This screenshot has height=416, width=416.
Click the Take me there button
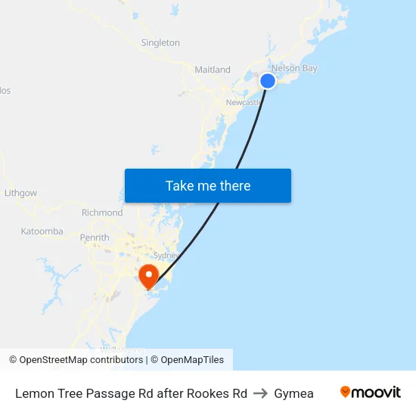(208, 186)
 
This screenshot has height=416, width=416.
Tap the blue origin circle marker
(268, 81)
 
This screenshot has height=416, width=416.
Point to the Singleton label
(160, 43)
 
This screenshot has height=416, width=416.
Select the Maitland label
(213, 70)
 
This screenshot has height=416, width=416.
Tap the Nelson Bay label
(294, 68)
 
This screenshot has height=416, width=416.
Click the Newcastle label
(243, 102)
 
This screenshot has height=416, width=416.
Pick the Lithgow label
(20, 193)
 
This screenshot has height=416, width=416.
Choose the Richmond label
(102, 213)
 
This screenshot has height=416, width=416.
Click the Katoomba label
(42, 231)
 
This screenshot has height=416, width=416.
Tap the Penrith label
(95, 237)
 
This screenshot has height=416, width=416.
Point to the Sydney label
(166, 256)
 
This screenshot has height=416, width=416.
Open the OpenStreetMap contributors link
(82, 360)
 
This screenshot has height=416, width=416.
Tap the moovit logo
(370, 393)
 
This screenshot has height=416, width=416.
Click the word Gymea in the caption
(294, 393)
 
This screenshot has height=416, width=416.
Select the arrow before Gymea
(260, 393)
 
